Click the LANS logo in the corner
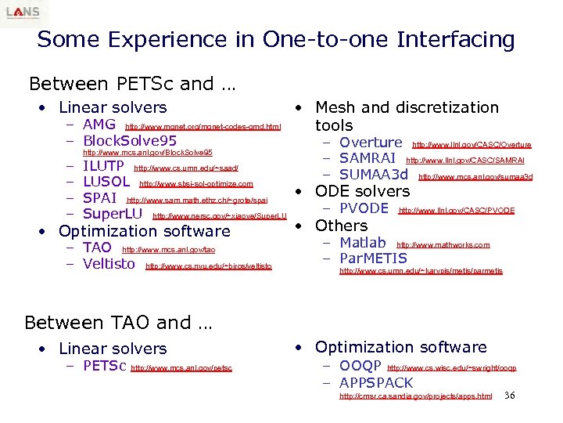click(23, 13)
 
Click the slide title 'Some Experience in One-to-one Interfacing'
click(275, 40)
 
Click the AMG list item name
click(99, 125)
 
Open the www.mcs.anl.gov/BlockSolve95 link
click(148, 153)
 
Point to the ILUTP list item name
click(103, 166)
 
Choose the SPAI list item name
click(99, 198)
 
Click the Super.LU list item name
click(113, 214)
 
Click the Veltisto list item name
click(109, 264)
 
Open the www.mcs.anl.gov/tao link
click(169, 250)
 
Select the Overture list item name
click(371, 143)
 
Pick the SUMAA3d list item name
click(374, 175)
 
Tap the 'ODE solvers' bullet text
click(362, 191)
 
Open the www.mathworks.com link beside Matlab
click(443, 245)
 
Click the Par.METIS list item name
click(373, 258)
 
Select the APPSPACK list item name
click(376, 383)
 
